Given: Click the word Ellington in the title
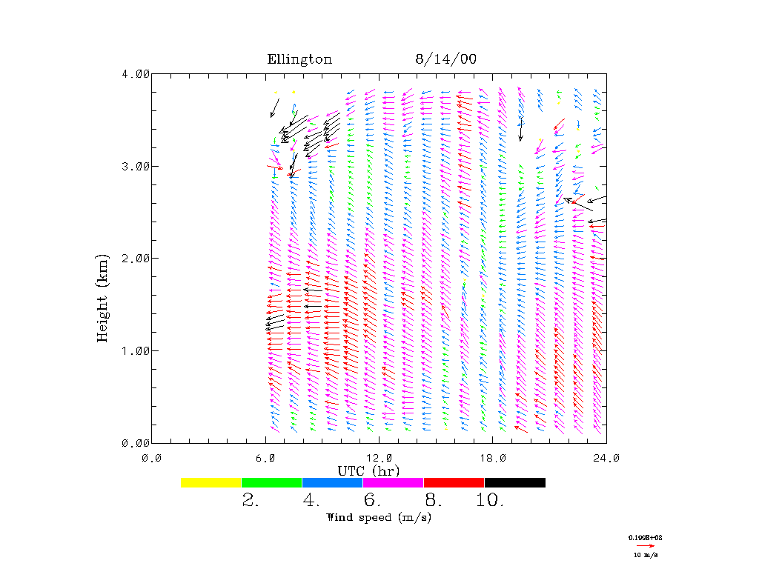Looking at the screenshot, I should click(x=299, y=60).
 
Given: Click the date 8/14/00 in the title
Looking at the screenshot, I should click(x=445, y=60).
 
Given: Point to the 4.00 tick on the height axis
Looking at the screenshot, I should click(x=136, y=74).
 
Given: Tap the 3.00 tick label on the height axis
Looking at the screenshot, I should click(x=136, y=166).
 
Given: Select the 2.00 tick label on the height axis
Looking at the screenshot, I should click(x=136, y=259).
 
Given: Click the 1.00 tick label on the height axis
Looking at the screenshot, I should click(x=136, y=350).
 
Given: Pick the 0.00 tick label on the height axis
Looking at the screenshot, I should click(x=136, y=443).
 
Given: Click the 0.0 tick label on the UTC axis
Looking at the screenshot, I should click(x=152, y=458).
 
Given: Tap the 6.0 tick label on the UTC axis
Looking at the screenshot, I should click(x=265, y=458).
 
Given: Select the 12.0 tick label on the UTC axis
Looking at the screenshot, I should click(x=379, y=458).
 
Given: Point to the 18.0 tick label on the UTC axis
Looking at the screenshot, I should click(x=493, y=458).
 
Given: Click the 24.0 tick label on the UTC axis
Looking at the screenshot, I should click(x=606, y=458).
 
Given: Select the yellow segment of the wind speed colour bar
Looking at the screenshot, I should click(x=211, y=482).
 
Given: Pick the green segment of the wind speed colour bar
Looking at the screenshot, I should click(x=271, y=482).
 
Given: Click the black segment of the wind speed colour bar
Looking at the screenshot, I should click(x=514, y=482).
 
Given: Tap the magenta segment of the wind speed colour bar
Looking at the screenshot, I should click(x=393, y=482).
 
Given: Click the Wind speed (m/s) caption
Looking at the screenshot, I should click(x=378, y=517).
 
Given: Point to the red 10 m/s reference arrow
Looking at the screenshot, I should click(x=646, y=545).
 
